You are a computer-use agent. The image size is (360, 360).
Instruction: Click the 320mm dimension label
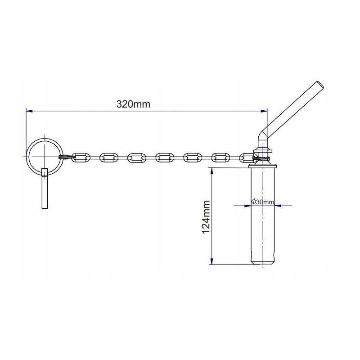(x=133, y=104)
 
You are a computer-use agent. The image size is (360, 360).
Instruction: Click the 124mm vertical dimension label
(x=206, y=217)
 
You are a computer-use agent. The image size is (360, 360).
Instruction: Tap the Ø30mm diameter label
(x=263, y=202)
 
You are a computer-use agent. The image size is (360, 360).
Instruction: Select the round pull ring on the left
(x=27, y=156)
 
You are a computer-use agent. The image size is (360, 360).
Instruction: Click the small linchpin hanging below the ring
(x=45, y=188)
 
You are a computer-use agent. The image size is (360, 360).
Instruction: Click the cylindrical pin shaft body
(x=263, y=213)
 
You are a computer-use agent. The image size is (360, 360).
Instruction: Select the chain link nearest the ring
(x=81, y=157)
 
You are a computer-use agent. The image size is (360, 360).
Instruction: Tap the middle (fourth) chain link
(x=165, y=157)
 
